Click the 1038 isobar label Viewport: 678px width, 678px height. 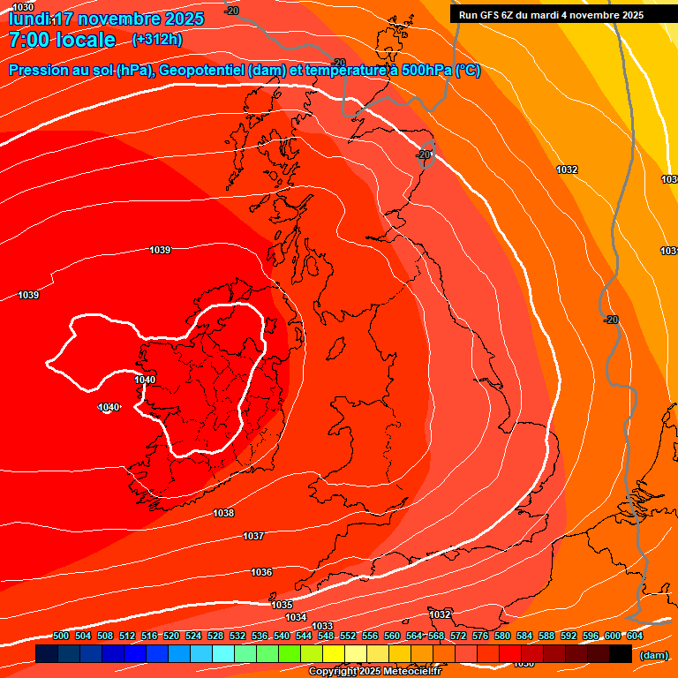[x=223, y=513]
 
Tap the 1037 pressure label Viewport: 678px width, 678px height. [x=253, y=536]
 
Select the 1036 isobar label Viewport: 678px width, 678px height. [x=261, y=572]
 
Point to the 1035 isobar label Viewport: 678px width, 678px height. [x=282, y=605]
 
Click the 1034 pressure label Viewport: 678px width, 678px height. [x=296, y=617]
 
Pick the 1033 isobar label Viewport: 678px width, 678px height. [x=322, y=626]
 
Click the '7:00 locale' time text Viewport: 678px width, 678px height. [x=62, y=40]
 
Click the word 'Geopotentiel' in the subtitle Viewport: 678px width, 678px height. [x=200, y=71]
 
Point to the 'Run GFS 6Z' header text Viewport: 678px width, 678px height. [x=493, y=15]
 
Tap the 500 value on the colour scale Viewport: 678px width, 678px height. [x=61, y=636]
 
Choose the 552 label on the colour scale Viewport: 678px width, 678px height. [x=348, y=636]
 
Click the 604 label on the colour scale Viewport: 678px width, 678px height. [x=634, y=636]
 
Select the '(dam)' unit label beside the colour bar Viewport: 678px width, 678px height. [x=654, y=655]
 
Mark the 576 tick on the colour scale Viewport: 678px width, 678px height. [x=480, y=636]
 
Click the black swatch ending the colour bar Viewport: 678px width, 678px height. [x=621, y=654]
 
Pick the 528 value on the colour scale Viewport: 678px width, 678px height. [x=215, y=636]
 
